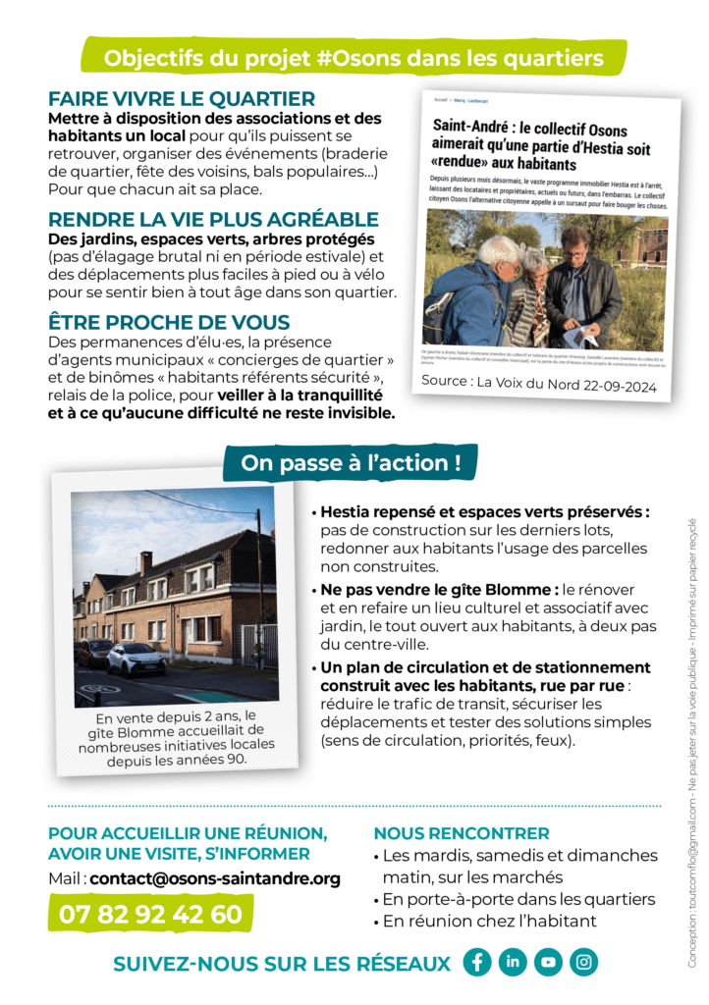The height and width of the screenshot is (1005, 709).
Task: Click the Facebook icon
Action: (477, 962)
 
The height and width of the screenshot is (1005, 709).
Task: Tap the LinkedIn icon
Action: (513, 962)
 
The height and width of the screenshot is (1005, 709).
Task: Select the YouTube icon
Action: (548, 962)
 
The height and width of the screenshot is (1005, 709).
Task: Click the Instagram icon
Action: (583, 962)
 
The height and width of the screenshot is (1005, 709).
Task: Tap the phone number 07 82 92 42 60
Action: (150, 914)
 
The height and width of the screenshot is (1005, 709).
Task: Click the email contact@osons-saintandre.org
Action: (215, 878)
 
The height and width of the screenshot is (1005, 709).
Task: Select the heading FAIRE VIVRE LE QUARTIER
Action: (182, 99)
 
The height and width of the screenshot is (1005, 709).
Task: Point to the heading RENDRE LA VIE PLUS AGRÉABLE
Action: (213, 219)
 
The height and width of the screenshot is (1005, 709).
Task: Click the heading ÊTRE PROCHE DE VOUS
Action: (168, 322)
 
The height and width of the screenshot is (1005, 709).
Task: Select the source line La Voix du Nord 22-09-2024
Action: (538, 383)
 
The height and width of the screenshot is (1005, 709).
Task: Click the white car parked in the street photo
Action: (136, 658)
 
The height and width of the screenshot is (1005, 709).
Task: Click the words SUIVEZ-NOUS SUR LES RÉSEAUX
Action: (282, 964)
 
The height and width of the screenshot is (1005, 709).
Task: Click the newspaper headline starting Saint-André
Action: (542, 142)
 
